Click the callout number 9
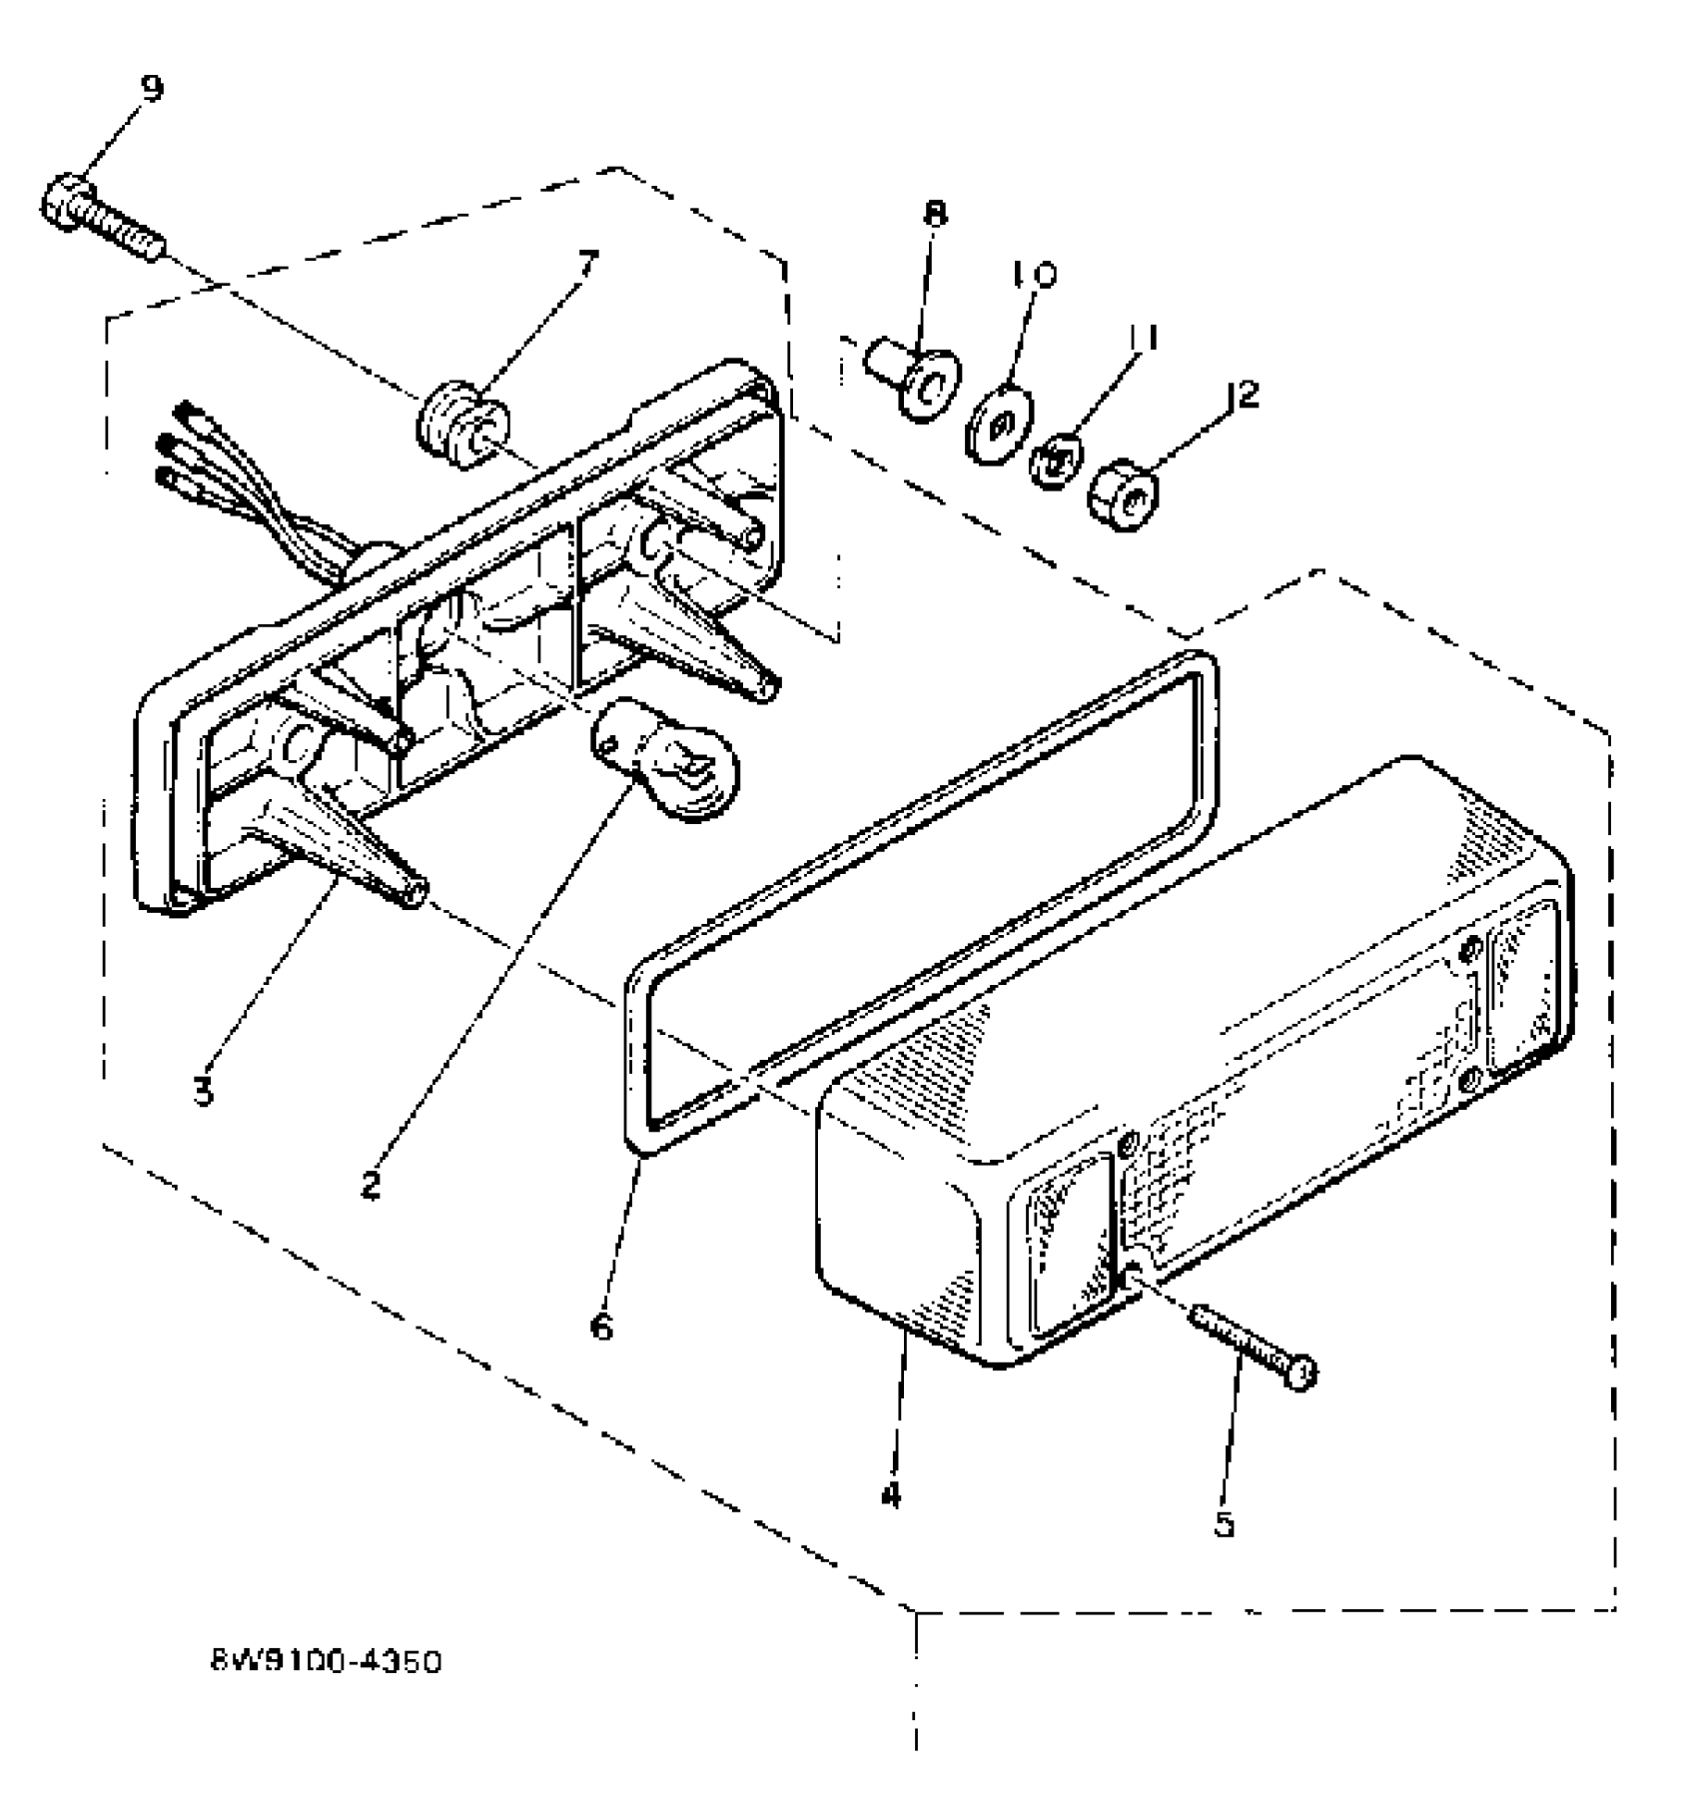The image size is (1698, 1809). pos(152,89)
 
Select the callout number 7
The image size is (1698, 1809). pos(587,265)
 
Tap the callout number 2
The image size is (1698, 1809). pos(371,1185)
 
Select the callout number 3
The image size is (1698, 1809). pos(204,1090)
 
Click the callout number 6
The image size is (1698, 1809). pos(601,1328)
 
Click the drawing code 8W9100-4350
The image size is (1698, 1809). pos(326,1663)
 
